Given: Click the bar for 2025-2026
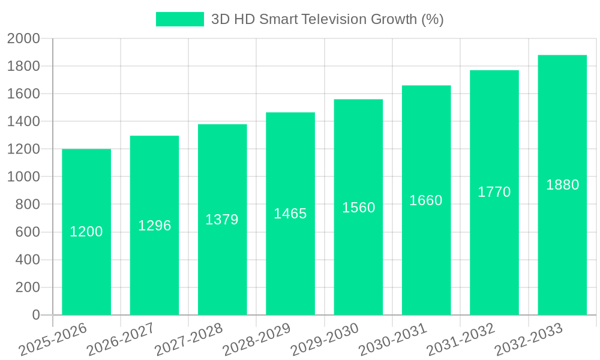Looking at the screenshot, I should tap(86, 264).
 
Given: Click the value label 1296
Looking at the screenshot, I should tap(155, 226).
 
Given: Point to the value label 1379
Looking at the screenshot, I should tap(222, 220).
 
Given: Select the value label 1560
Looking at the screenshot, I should tap(359, 208).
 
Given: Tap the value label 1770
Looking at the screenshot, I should tap(494, 192).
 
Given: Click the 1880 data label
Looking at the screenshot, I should tap(562, 185).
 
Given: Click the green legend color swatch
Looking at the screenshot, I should tap(180, 19).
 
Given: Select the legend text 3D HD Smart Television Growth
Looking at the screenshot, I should tap(327, 19).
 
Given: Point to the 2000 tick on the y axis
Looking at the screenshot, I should tap(23, 39).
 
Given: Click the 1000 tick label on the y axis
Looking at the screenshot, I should tap(23, 177).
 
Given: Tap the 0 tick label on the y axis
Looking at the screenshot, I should tap(36, 315).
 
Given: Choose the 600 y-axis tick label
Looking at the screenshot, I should tap(27, 232).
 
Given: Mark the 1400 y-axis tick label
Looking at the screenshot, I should tap(23, 122).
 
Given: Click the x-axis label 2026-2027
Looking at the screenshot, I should tap(120, 339).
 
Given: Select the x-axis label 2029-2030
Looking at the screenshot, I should tap(325, 339).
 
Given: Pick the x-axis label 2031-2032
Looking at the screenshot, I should tap(460, 339).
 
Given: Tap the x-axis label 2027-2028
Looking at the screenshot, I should tap(188, 339).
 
